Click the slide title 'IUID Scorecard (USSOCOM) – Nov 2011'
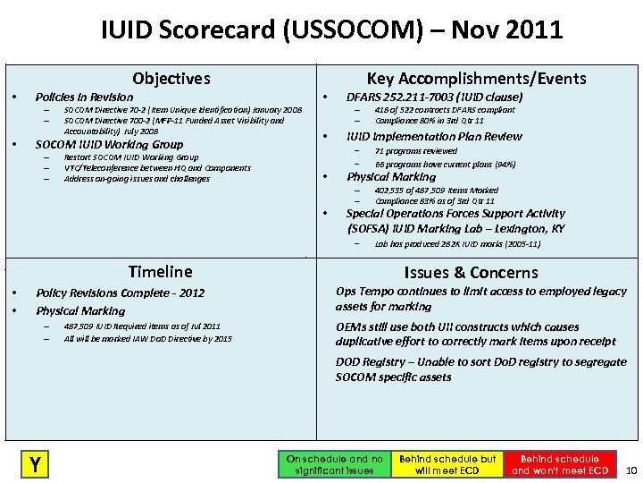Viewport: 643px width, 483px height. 331,30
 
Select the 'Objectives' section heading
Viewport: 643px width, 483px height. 171,79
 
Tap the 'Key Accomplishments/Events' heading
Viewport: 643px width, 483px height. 476,79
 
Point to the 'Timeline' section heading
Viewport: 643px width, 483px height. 160,271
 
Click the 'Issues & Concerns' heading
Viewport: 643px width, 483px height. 471,272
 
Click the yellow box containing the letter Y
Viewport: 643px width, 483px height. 35,462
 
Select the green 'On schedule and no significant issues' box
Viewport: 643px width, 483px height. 334,463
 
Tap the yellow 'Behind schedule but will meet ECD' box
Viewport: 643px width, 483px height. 447,463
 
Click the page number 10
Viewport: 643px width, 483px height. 630,470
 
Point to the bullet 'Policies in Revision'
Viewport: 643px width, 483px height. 84,97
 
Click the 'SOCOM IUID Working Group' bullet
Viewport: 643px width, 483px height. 109,144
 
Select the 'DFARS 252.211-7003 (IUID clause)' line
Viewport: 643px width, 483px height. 434,97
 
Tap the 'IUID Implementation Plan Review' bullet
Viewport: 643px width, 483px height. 434,136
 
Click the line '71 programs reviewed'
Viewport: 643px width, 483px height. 416,151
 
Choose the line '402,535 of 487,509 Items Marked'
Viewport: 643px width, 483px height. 437,190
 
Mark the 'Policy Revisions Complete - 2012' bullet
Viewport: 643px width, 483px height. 120,292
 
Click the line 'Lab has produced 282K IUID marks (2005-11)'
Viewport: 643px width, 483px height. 457,242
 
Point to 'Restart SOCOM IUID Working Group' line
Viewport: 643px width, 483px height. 131,157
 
